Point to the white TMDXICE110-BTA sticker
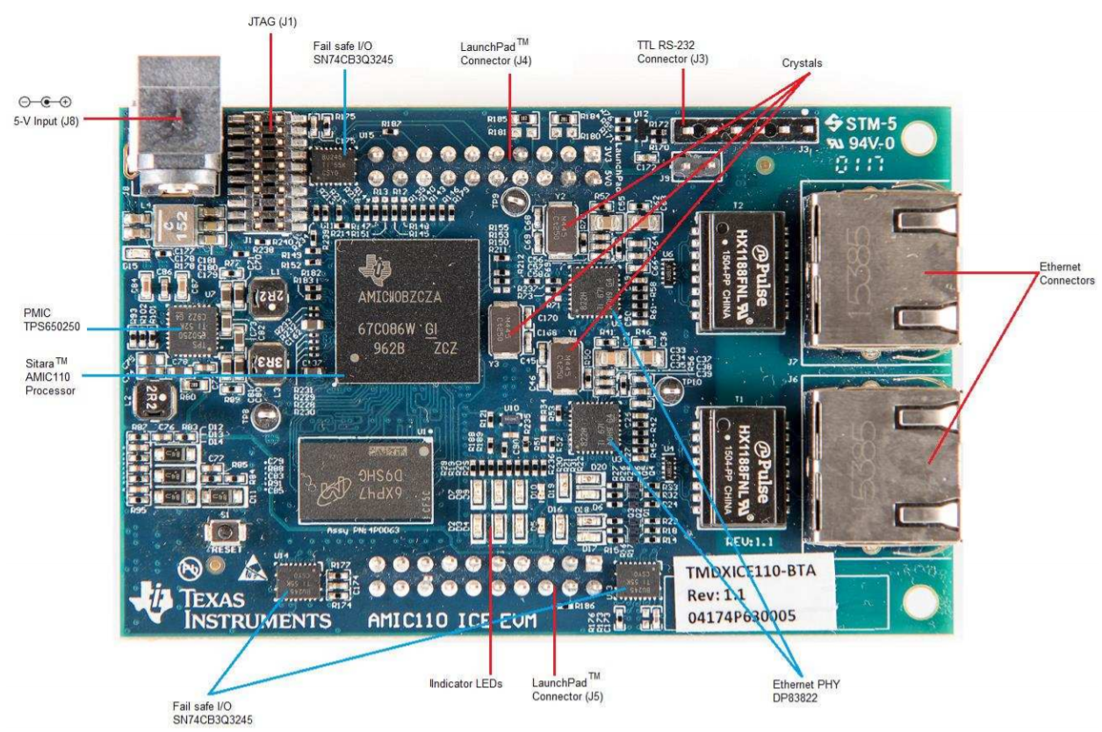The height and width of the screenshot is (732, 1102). click(752, 592)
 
